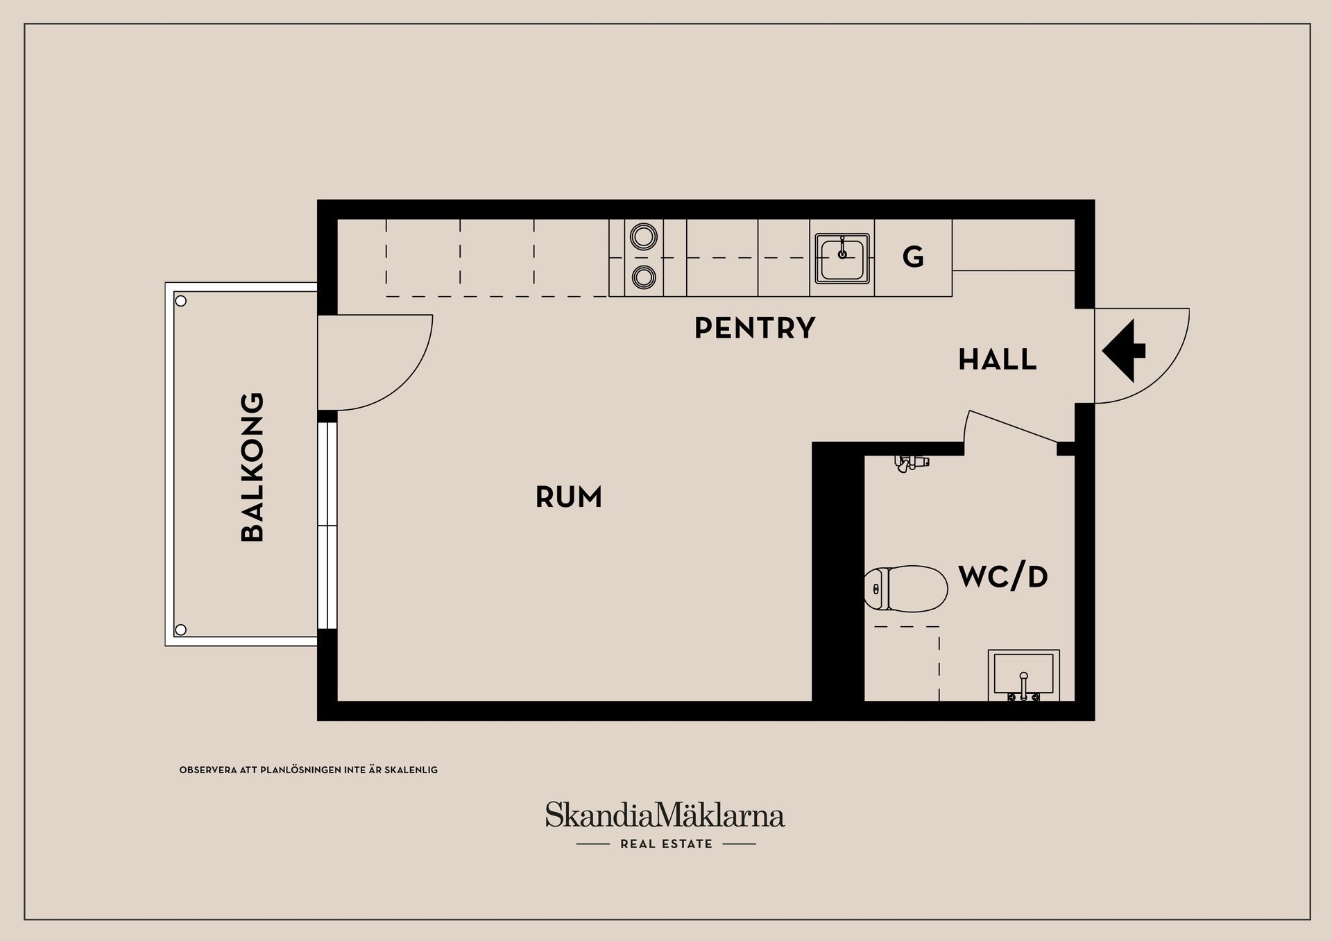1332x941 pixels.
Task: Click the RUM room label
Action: click(569, 497)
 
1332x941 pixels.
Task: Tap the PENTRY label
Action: click(755, 328)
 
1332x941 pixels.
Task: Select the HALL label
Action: click(997, 360)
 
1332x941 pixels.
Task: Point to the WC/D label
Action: click(1002, 577)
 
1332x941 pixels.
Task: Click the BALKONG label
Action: click(253, 467)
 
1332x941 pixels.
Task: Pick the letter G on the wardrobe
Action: click(913, 258)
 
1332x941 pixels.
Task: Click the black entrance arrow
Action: click(1122, 351)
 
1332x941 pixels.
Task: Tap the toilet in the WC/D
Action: click(906, 589)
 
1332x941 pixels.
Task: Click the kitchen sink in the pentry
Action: click(842, 258)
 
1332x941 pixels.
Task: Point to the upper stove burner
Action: click(644, 236)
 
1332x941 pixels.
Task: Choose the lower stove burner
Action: click(644, 277)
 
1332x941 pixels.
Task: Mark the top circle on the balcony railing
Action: click(181, 301)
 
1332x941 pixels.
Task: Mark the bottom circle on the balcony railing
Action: click(181, 630)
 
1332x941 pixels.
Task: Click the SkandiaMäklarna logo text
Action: click(665, 815)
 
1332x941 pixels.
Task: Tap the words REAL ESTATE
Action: click(666, 844)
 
